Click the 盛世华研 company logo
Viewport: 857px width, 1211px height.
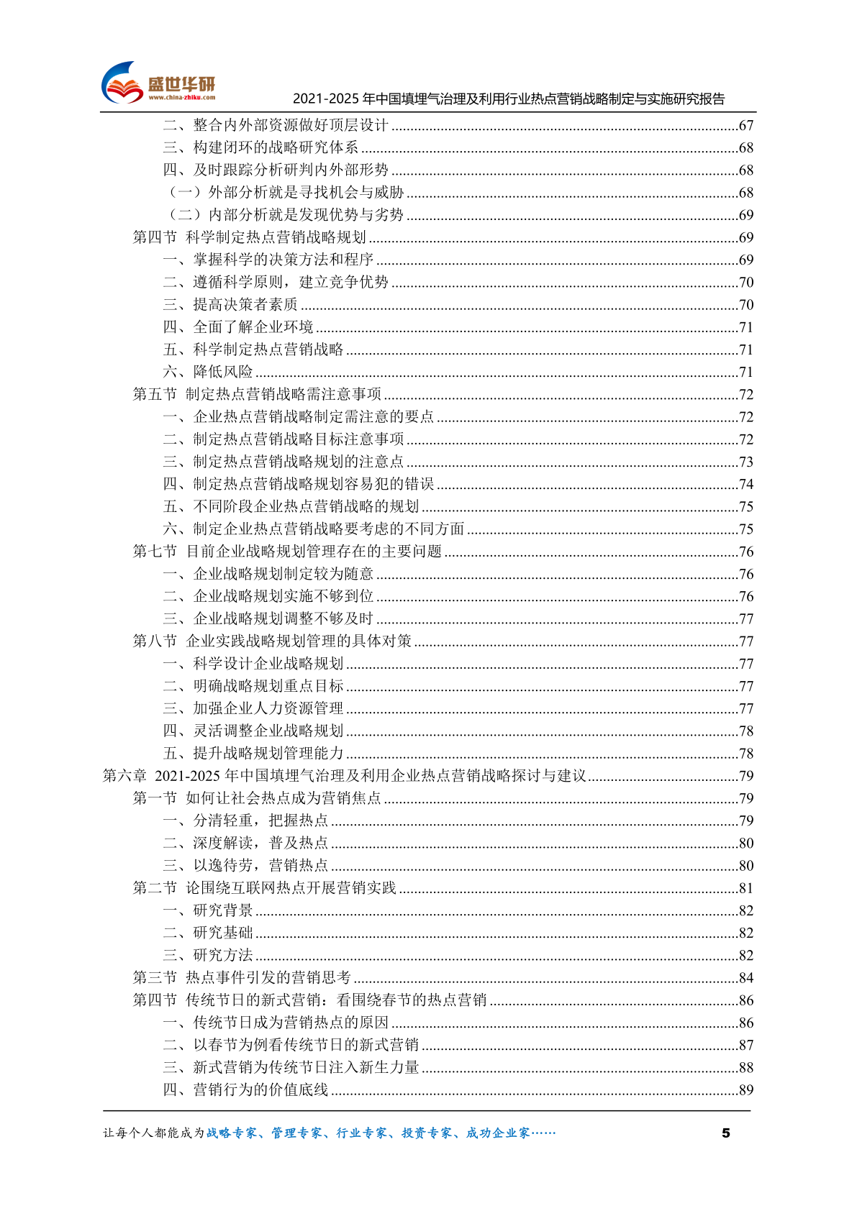158,83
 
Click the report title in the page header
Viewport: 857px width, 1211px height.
508,99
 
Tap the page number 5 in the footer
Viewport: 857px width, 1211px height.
725,1133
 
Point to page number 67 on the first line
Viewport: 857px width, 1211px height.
746,126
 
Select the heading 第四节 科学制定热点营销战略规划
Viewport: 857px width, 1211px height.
249,237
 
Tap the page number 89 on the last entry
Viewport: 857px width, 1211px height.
746,1090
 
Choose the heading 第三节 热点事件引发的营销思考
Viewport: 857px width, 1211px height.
242,978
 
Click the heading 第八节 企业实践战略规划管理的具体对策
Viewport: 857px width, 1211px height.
272,641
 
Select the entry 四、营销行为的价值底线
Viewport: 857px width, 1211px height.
245,1090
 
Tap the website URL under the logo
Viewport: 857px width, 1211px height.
181,98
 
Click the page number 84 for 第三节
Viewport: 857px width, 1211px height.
746,978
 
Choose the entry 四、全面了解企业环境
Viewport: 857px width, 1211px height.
238,327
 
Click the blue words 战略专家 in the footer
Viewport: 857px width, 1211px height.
231,1133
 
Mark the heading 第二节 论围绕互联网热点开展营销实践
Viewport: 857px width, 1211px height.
264,888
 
